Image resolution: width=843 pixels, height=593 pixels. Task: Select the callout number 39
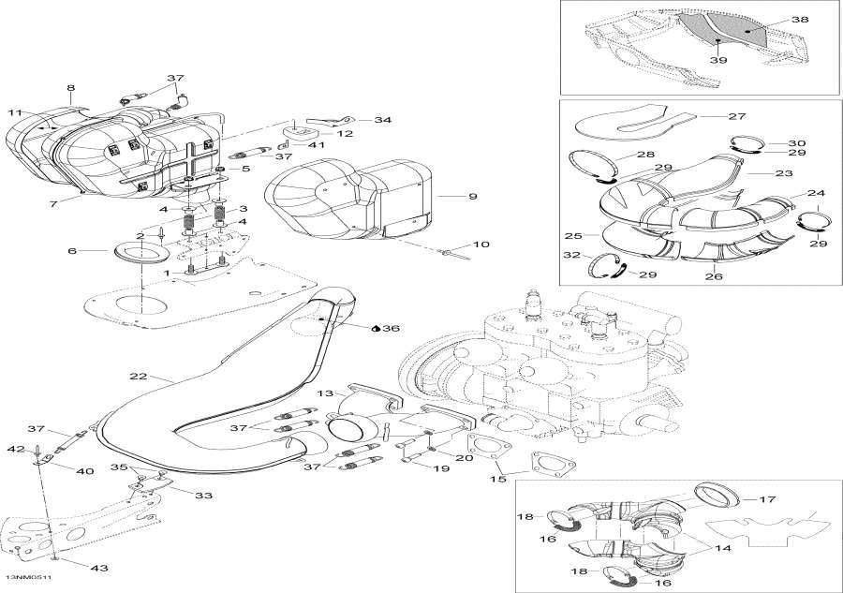(717, 59)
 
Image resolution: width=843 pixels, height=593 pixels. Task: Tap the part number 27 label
(736, 116)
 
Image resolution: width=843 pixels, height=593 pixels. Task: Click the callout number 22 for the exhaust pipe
(138, 376)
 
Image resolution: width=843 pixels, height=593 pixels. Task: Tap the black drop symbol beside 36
(376, 329)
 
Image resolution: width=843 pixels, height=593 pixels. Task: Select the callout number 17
(767, 498)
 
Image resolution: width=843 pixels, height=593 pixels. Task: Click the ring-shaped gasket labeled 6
(138, 251)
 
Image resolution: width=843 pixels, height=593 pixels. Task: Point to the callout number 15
(498, 479)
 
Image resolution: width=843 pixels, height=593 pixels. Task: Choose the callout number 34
(383, 120)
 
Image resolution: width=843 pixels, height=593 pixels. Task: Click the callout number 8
(70, 88)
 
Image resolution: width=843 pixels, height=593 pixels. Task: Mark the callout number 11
(15, 112)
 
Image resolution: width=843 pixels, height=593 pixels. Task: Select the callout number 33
(203, 495)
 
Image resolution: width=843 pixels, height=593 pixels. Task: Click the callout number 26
(713, 276)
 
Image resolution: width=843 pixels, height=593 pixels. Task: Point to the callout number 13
(324, 393)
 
